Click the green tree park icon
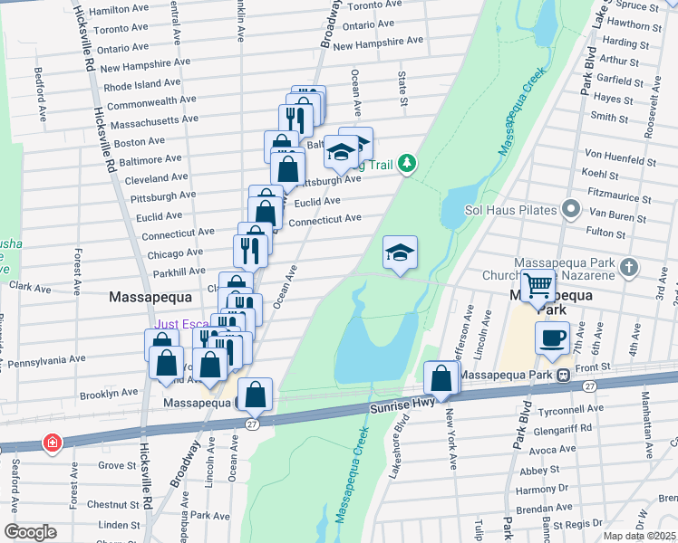point(409,163)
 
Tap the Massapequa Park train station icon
point(563,375)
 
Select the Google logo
point(30,532)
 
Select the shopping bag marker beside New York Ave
point(441,377)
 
